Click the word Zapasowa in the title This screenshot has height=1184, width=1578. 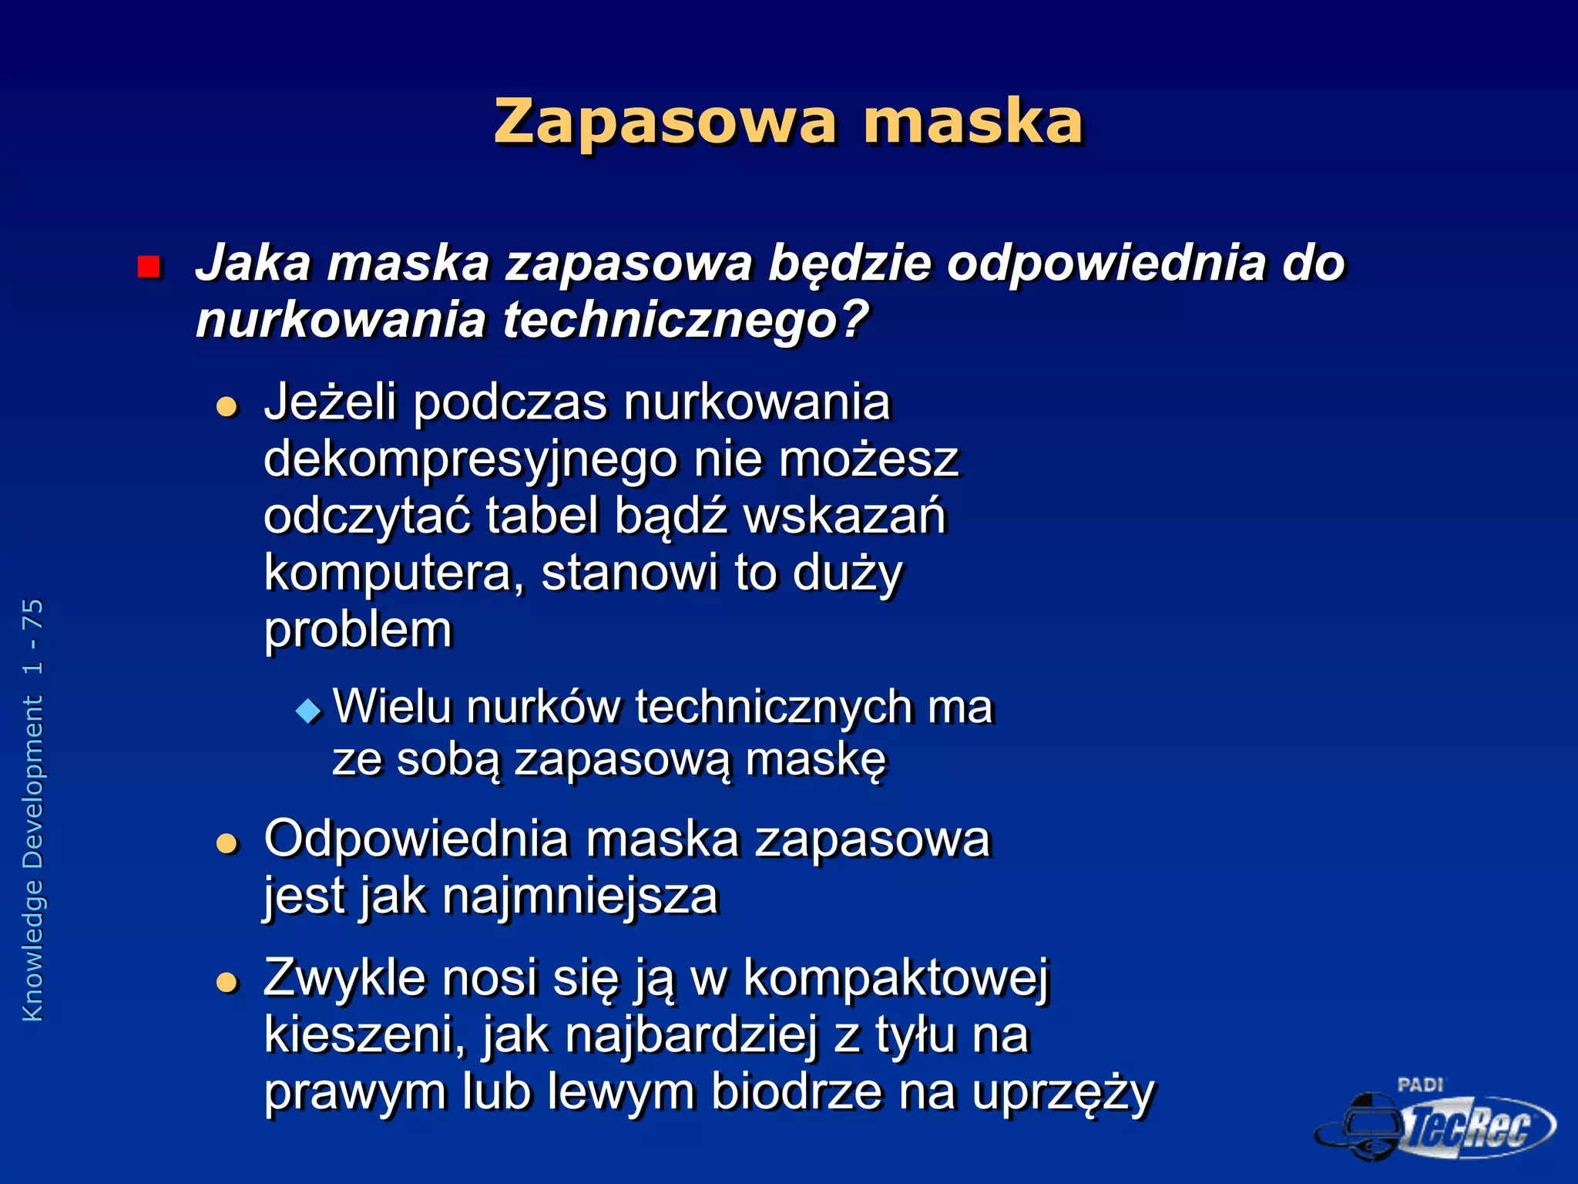(x=664, y=122)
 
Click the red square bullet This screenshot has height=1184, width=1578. (x=148, y=267)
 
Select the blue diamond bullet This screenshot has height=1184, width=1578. (x=309, y=710)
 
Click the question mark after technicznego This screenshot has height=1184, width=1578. (x=854, y=319)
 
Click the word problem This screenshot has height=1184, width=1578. (x=358, y=630)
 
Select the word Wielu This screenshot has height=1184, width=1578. (x=391, y=706)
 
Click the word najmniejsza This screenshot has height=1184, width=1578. (x=580, y=896)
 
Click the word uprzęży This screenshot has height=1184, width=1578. (x=1063, y=1093)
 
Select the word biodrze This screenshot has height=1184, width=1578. (x=797, y=1091)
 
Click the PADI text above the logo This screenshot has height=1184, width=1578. (x=1419, y=1085)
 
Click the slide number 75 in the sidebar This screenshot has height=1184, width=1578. (x=33, y=614)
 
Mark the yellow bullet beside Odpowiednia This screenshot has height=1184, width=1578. (x=227, y=843)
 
